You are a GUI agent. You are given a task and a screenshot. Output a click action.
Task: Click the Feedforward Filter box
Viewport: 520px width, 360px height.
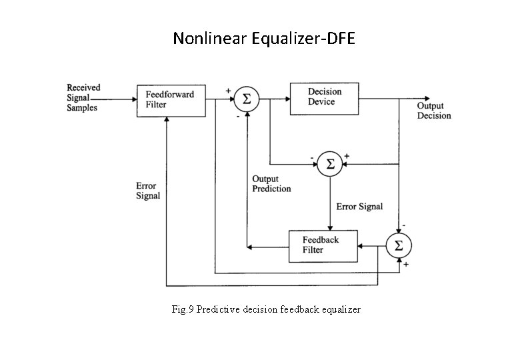pos(170,100)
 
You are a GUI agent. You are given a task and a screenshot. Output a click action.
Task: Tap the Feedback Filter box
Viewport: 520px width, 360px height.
pos(323,245)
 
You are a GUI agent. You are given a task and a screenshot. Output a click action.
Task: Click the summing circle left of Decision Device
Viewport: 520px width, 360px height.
pos(247,99)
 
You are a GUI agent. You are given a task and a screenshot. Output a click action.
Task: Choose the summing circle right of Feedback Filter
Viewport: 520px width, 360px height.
pos(399,245)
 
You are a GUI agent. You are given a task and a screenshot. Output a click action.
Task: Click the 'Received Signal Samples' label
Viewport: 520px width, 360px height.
pos(84,97)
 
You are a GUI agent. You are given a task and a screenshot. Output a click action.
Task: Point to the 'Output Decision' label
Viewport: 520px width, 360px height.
pos(434,111)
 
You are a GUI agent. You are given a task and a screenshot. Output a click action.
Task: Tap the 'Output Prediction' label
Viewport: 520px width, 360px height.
pos(271,184)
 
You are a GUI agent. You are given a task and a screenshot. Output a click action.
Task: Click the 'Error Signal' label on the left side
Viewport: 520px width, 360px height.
pos(147,191)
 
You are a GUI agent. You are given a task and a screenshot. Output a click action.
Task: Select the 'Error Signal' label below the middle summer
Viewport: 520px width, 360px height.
pos(359,207)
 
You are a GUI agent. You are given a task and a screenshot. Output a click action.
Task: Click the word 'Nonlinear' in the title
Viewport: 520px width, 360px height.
pos(211,39)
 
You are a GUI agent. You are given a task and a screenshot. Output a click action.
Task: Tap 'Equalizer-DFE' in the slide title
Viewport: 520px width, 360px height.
pos(305,39)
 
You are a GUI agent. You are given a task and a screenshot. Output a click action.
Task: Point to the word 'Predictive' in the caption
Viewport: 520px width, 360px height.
pos(217,309)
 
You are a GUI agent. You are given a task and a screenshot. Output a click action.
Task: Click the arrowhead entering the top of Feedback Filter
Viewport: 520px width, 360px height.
pos(331,227)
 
